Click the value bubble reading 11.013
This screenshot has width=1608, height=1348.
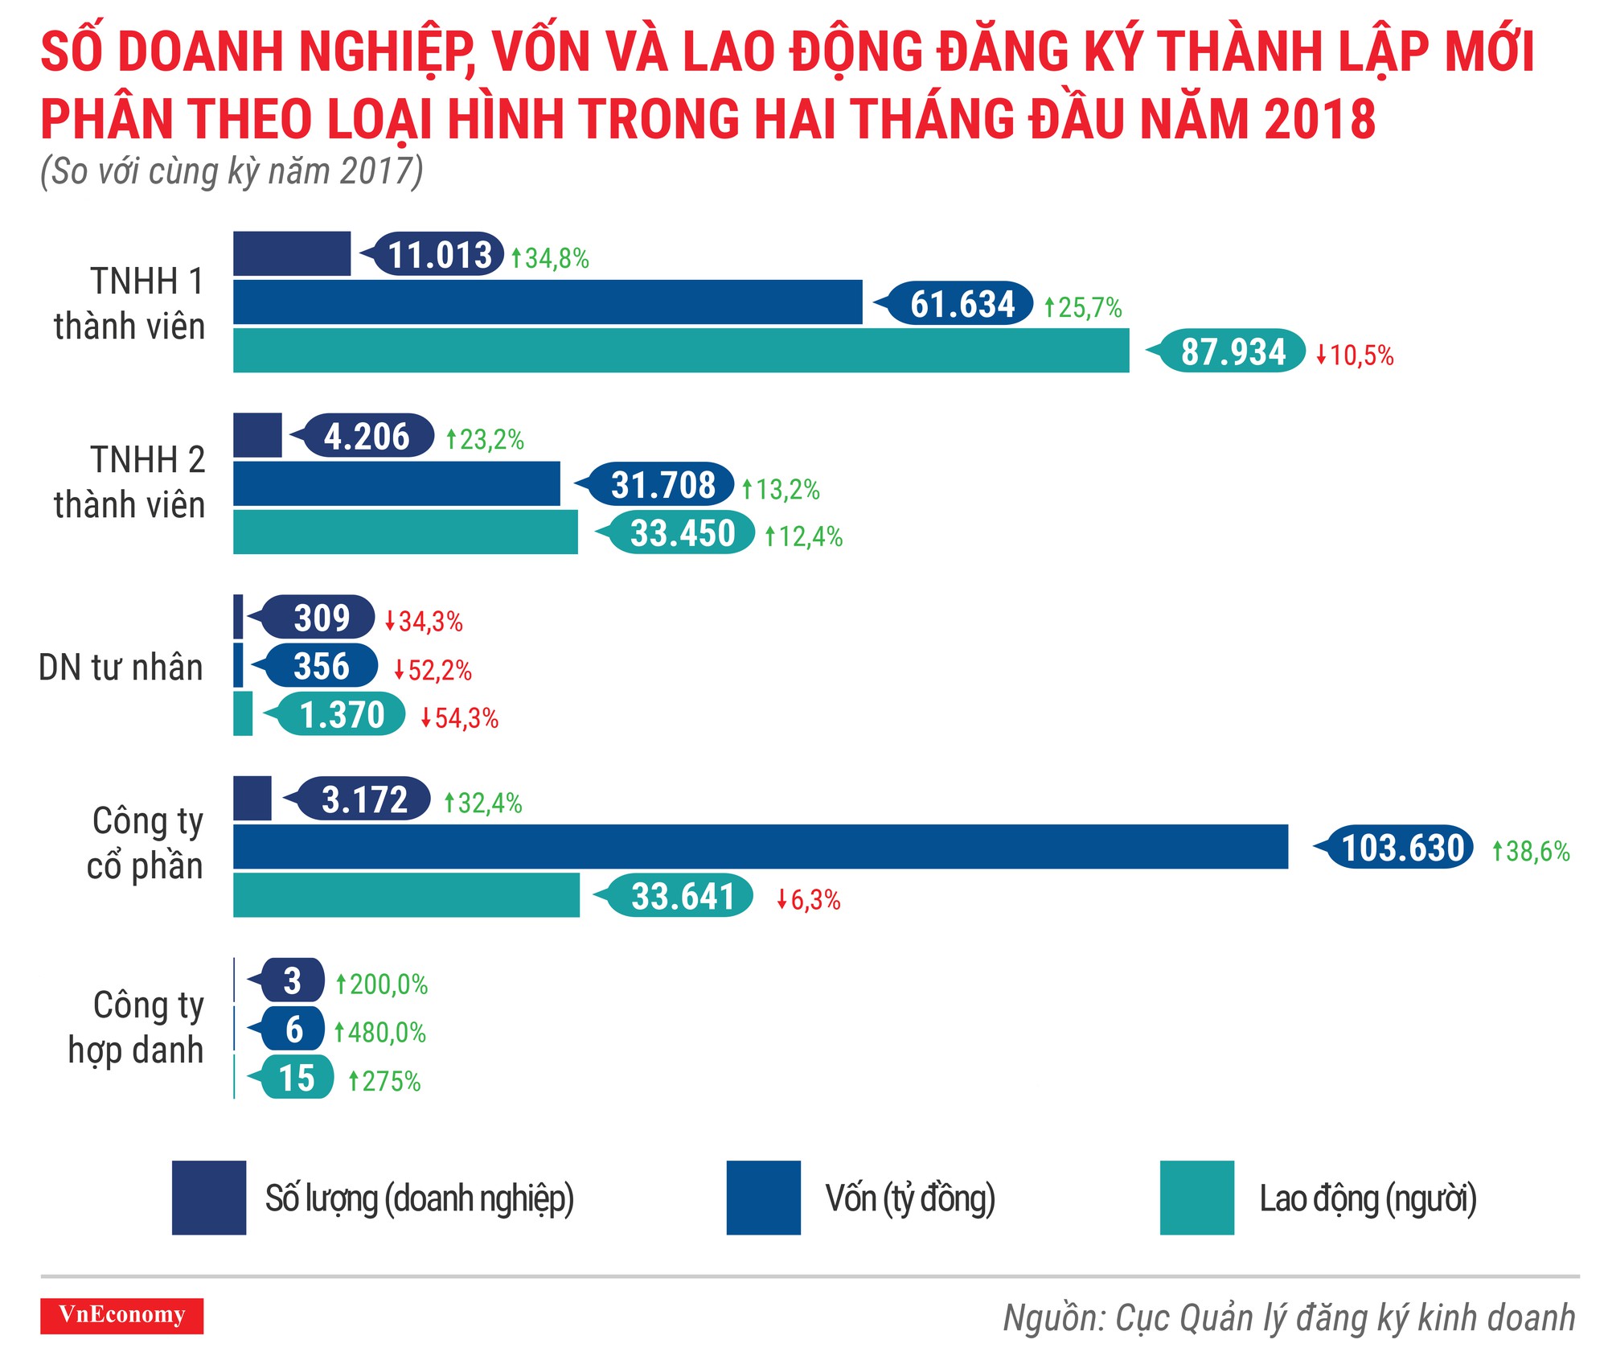tap(439, 255)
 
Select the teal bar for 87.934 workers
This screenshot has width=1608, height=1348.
tap(680, 351)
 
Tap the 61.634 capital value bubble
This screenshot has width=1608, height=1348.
tap(962, 304)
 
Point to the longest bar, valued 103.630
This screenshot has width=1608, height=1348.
tap(760, 847)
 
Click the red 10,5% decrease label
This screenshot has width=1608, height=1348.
tap(1355, 355)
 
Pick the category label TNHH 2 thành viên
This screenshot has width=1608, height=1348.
tap(129, 483)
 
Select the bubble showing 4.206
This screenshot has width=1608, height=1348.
tap(367, 437)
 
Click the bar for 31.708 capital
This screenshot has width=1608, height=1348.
tap(396, 484)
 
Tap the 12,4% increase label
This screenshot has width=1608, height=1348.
tap(803, 536)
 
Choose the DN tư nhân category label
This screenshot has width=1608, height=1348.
tap(121, 668)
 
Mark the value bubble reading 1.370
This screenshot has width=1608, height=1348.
tap(342, 715)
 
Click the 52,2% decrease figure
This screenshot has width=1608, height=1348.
tap(433, 670)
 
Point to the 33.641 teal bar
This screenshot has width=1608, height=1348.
tap(406, 895)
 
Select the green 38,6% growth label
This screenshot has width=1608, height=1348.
tap(1531, 851)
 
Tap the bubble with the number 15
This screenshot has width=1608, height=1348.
tap(297, 1078)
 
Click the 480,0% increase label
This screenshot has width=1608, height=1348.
tap(380, 1033)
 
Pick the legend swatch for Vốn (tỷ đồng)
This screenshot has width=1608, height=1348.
tap(763, 1198)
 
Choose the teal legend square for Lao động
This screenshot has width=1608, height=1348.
tap(1196, 1198)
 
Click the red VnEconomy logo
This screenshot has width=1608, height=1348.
tap(122, 1315)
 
